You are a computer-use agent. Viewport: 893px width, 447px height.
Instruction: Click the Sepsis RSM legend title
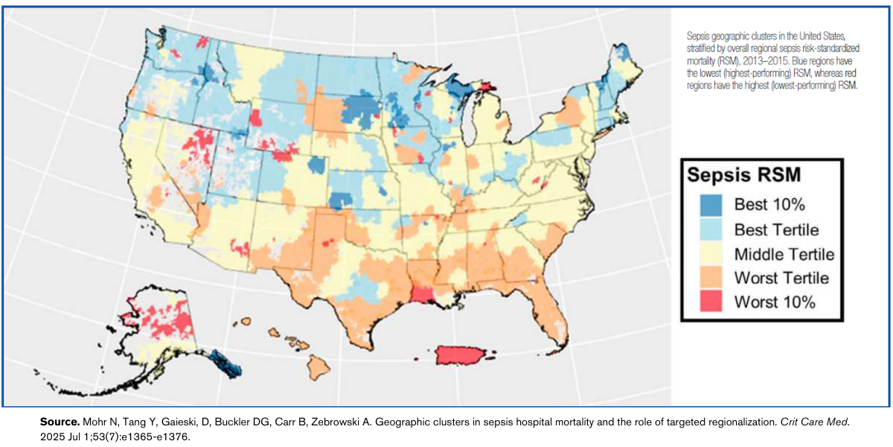(x=743, y=175)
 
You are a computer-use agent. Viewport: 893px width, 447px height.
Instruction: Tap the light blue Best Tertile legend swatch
(x=711, y=229)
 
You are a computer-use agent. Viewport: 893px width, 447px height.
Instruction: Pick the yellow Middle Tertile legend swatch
(x=711, y=254)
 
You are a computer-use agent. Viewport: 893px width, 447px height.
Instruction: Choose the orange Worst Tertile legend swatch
(x=711, y=278)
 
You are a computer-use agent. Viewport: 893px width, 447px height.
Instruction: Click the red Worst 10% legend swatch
(x=711, y=302)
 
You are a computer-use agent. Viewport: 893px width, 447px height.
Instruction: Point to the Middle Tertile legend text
(x=784, y=254)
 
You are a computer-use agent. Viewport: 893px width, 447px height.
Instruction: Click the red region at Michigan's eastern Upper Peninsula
(x=487, y=87)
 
